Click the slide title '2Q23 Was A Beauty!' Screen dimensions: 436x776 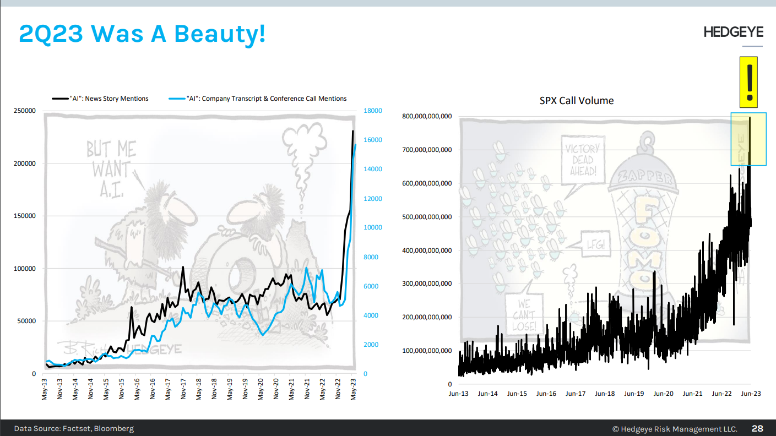[142, 34]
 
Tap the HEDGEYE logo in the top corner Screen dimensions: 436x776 [733, 33]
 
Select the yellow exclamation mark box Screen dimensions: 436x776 [748, 82]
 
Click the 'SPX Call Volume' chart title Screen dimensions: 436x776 [577, 101]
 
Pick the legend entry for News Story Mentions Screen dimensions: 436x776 [101, 99]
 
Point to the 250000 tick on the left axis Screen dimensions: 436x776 [25, 111]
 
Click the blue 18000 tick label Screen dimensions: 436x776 [373, 111]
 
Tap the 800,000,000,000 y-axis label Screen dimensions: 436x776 [427, 116]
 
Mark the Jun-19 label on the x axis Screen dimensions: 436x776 [634, 394]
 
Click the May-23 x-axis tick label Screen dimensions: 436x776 [353, 389]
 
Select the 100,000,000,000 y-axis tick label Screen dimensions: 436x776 [427, 351]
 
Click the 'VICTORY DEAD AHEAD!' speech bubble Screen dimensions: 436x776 [582, 160]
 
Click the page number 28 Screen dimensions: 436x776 [757, 428]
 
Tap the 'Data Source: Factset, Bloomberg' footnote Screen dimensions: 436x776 [74, 428]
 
